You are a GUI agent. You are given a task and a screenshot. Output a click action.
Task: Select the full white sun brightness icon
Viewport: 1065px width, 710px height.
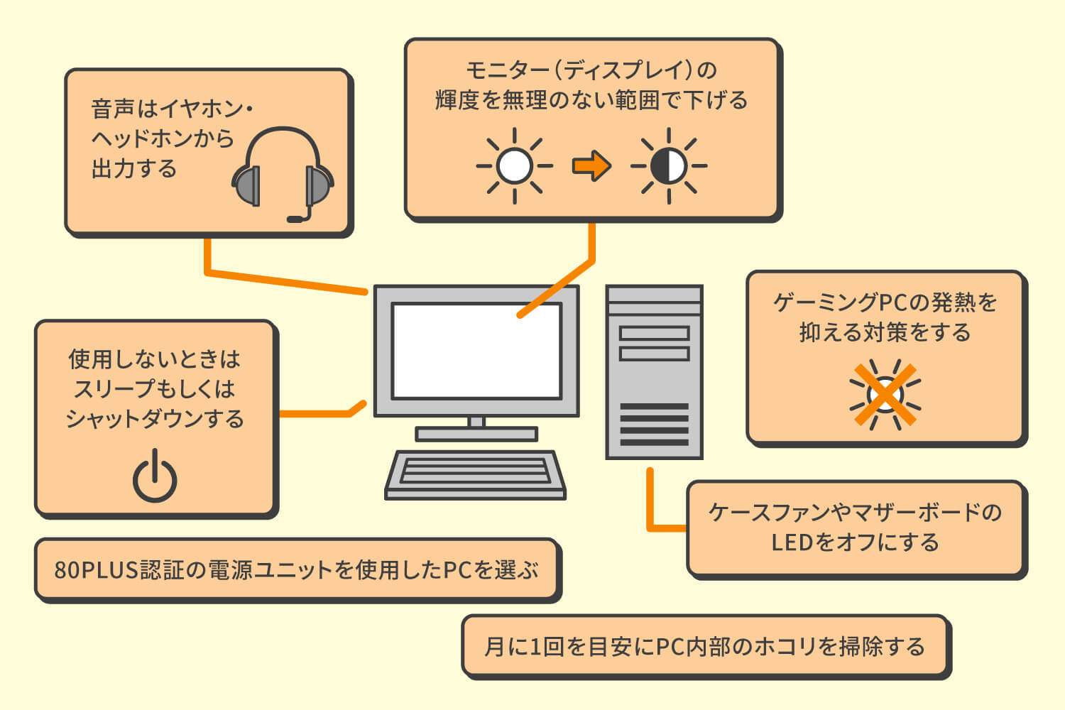point(515,166)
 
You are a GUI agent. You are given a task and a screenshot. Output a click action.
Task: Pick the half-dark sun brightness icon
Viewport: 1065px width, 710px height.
point(669,166)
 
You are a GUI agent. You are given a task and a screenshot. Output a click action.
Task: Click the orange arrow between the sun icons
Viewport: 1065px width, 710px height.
point(591,166)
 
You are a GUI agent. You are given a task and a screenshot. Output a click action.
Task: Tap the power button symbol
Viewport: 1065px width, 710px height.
point(155,477)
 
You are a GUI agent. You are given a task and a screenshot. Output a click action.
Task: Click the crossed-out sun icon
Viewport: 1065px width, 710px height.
point(885,395)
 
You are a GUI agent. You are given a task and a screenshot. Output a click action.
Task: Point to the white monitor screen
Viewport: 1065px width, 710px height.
point(476,351)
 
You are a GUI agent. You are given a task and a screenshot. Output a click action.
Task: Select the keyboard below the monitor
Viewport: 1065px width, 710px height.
point(475,474)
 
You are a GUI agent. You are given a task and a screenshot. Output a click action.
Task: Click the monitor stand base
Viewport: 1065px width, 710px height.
point(476,433)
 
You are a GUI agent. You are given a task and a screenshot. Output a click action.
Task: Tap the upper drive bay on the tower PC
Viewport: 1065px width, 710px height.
point(654,333)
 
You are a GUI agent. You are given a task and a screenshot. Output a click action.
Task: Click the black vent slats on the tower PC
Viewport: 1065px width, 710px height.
point(654,425)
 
